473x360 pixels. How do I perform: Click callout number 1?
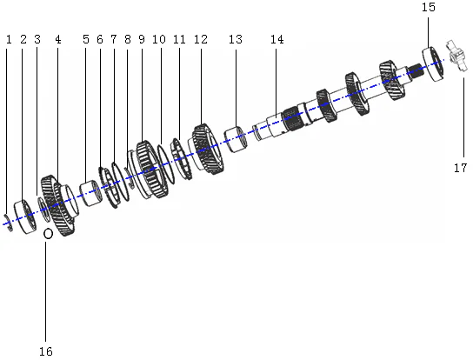pos(9,40)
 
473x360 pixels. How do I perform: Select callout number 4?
pos(57,40)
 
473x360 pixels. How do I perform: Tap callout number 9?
pos(141,40)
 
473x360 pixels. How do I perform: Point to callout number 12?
pos(201,40)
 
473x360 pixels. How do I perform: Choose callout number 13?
pos(235,40)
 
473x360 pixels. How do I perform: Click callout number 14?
pos(276,40)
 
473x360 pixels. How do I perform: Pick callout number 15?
pos(429,7)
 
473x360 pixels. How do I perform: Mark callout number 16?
pos(45,351)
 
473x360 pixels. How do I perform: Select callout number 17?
pos(460,169)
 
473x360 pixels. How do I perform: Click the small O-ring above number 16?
pos(48,233)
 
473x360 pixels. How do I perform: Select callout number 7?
pos(113,40)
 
